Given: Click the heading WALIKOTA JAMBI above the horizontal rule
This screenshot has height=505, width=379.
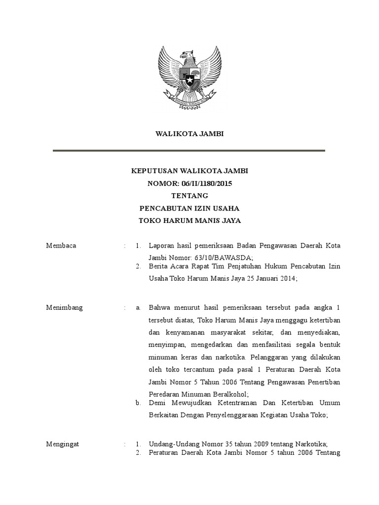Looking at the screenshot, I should pyautogui.click(x=189, y=134).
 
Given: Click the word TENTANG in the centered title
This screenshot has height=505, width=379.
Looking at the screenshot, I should pyautogui.click(x=189, y=196).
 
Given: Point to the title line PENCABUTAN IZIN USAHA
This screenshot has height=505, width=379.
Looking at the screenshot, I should pyautogui.click(x=189, y=208).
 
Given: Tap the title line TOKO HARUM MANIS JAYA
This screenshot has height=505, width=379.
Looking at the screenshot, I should pyautogui.click(x=189, y=220).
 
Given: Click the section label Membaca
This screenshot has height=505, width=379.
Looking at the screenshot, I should pyautogui.click(x=61, y=246).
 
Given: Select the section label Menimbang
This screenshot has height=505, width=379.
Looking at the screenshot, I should pyautogui.click(x=64, y=308).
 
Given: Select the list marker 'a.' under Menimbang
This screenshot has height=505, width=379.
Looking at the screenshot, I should pyautogui.click(x=139, y=308).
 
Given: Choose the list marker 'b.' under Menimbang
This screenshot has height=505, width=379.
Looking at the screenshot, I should pyautogui.click(x=139, y=403).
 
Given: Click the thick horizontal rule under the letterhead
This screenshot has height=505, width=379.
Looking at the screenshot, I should pyautogui.click(x=189, y=150).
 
